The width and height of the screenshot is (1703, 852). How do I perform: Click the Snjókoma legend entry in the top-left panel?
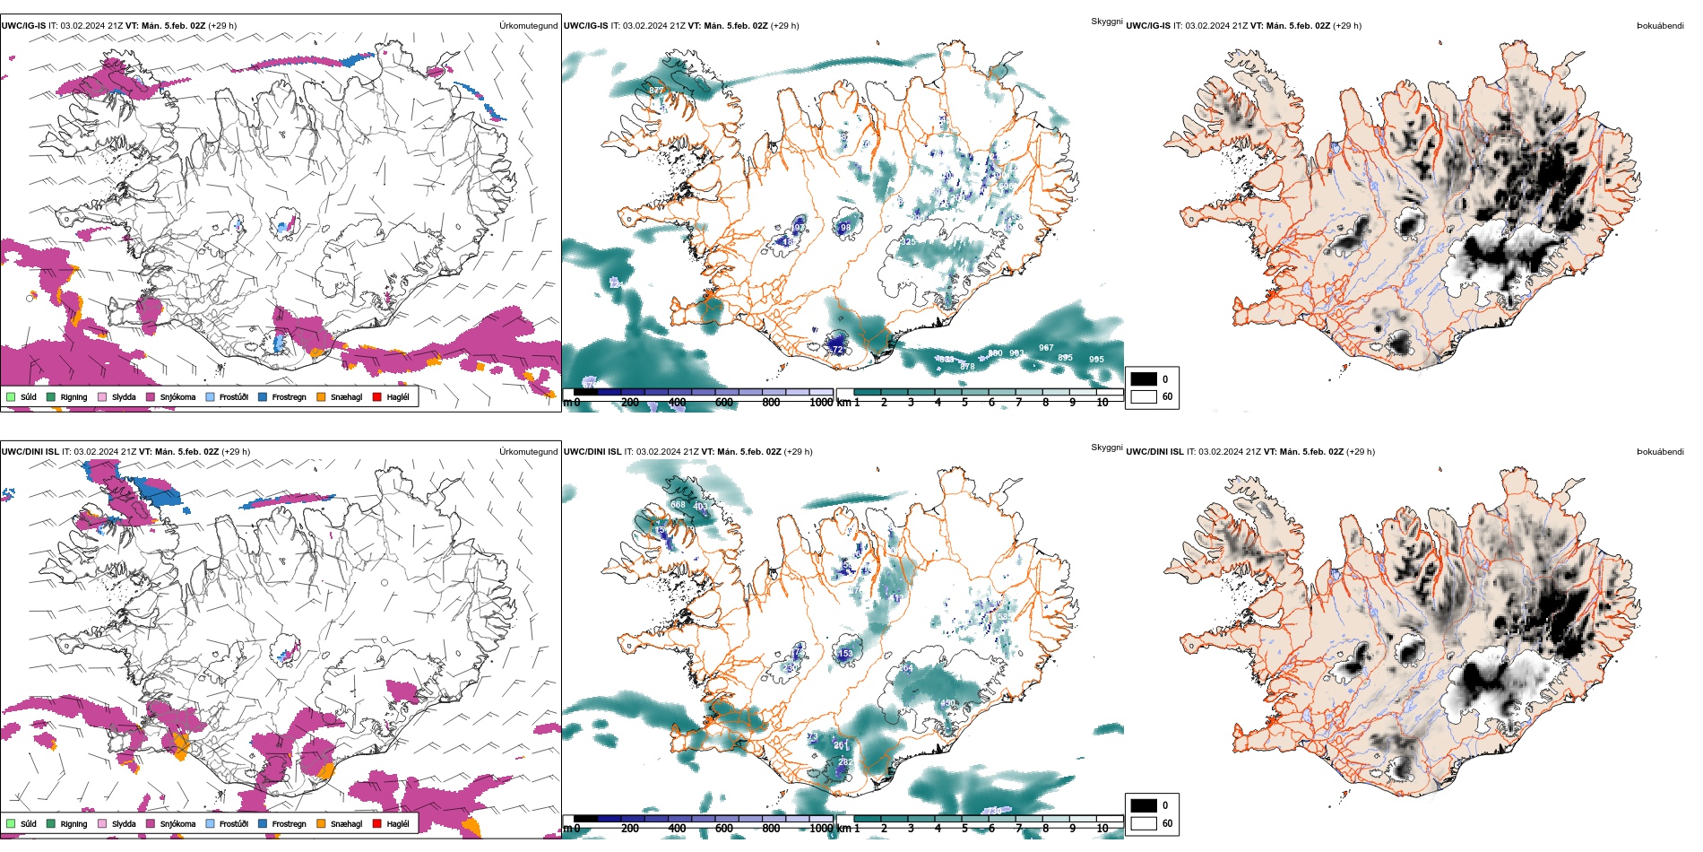pos(177,397)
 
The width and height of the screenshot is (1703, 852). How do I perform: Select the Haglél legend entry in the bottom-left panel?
pos(397,824)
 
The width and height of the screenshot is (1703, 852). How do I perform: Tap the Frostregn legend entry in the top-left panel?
pos(289,397)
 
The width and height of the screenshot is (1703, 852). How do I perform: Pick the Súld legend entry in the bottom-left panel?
pos(28,824)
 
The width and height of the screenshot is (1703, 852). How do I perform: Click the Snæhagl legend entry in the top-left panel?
pos(346,397)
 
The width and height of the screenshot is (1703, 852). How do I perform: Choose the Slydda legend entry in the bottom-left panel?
pos(124,824)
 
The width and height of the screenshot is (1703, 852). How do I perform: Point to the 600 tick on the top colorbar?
pos(724,403)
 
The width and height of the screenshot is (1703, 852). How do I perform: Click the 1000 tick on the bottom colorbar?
pos(821,829)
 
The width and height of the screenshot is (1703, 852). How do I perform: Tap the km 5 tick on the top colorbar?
pos(964,403)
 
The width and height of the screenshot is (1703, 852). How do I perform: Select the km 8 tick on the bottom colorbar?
pos(1045,829)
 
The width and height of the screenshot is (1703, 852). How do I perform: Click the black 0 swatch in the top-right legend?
pos(1144,379)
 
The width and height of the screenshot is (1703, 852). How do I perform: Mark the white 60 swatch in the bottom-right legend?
pos(1144,823)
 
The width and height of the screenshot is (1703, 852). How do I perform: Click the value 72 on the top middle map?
pos(837,349)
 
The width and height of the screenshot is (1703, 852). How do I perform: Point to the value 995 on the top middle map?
pos(1096,360)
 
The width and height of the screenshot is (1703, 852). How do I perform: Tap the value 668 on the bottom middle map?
pos(678,505)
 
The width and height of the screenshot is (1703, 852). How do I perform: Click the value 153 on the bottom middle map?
pos(845,654)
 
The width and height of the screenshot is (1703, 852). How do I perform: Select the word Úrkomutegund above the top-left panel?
pos(528,26)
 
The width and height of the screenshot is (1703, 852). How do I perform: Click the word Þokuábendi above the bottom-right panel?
pos(1660,452)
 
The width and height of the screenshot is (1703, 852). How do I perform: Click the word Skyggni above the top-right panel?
pos(1106,22)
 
